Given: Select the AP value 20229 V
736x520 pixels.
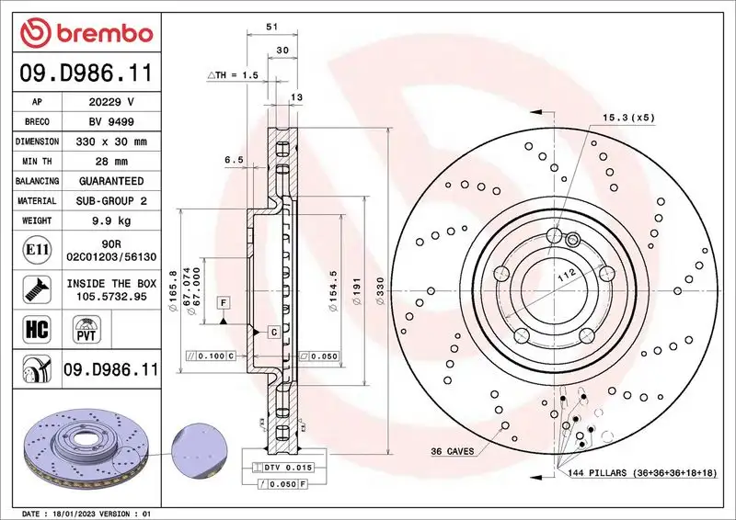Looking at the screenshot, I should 110,102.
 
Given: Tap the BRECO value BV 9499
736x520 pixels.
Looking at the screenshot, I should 110,122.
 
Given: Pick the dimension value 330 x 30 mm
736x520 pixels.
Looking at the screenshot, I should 110,141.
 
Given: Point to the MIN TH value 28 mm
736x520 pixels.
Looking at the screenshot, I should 110,162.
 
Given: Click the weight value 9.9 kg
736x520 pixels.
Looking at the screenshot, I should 110,220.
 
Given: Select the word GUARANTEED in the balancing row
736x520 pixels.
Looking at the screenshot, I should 110,181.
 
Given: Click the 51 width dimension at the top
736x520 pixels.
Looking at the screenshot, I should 272,28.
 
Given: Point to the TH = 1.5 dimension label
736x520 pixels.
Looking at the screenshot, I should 233,74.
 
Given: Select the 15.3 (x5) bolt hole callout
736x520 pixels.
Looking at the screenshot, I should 628,119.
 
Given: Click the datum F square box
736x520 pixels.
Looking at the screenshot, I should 224,302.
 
